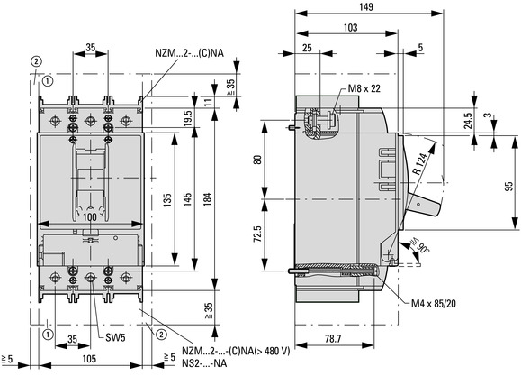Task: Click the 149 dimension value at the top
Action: click(x=366, y=6)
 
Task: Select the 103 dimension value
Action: click(x=350, y=27)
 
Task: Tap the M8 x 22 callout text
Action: click(x=364, y=88)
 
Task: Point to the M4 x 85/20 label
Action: click(x=434, y=303)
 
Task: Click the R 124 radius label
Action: click(x=419, y=163)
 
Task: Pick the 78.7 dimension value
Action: click(x=333, y=339)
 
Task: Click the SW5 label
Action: click(x=115, y=337)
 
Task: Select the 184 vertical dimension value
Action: click(x=207, y=199)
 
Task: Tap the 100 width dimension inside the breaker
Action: click(x=90, y=217)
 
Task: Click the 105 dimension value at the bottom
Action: click(x=89, y=359)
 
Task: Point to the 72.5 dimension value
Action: click(x=257, y=234)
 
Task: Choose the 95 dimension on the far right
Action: click(x=509, y=186)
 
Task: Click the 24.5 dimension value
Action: click(x=468, y=121)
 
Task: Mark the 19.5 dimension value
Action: click(x=188, y=118)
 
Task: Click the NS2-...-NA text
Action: click(x=204, y=363)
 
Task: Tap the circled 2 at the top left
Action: click(x=36, y=61)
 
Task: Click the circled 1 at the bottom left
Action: click(x=49, y=334)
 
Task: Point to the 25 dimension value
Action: click(x=307, y=48)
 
